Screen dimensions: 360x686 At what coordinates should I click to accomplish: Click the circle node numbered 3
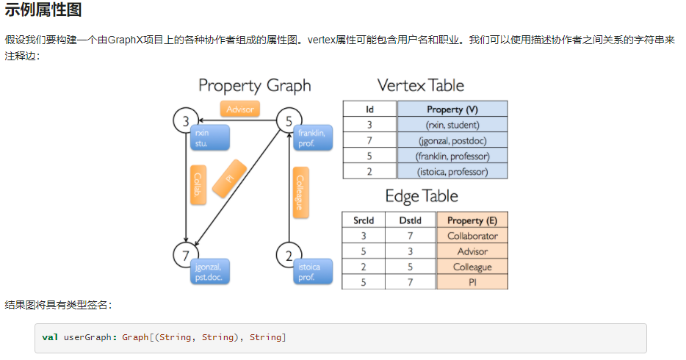[186, 120]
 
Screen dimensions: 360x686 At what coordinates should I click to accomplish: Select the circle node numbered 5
[289, 120]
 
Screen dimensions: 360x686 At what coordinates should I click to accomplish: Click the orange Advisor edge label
[239, 109]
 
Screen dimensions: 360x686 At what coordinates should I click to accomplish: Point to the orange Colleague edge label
[300, 193]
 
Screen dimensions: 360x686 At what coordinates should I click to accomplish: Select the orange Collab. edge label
[197, 184]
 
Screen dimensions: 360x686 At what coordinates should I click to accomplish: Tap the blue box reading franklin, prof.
[314, 137]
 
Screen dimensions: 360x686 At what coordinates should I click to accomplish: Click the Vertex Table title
[421, 85]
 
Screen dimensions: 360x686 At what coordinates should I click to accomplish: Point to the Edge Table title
[422, 196]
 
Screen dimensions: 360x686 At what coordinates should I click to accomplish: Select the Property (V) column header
[452, 109]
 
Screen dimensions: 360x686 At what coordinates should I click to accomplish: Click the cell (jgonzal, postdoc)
[452, 140]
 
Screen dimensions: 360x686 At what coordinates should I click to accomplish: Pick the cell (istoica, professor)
[452, 171]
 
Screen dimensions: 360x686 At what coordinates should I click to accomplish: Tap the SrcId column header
[364, 220]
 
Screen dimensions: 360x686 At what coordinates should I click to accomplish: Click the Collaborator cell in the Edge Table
[472, 236]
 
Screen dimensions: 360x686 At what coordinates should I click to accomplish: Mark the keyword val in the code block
[50, 337]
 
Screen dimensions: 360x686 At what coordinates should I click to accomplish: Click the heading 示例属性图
[43, 10]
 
